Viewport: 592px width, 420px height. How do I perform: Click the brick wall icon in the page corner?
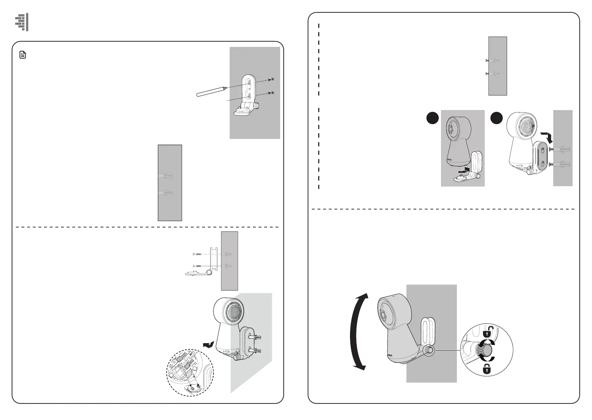[22, 23]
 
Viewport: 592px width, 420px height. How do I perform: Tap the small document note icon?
[23, 55]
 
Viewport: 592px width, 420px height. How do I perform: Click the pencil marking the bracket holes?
[211, 91]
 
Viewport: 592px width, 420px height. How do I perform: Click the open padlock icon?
[488, 331]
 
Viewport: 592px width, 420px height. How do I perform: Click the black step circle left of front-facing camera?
[433, 118]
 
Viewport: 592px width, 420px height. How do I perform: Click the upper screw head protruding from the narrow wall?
[487, 61]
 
